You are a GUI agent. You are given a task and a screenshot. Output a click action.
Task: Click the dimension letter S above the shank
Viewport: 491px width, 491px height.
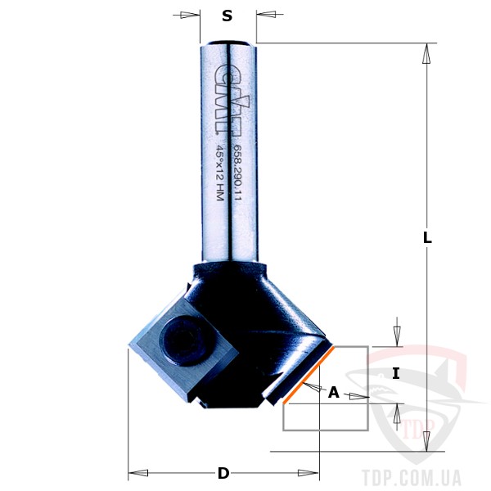227,16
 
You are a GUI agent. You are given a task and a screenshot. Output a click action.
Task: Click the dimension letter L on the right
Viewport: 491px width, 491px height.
427,237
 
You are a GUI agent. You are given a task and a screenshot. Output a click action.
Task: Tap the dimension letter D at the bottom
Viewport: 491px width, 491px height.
223,473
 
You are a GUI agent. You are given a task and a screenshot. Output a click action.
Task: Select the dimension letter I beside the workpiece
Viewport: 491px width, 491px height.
396,374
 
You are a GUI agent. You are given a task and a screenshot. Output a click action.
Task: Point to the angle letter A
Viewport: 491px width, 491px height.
334,392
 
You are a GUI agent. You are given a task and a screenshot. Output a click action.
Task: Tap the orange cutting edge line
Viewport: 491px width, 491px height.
309,375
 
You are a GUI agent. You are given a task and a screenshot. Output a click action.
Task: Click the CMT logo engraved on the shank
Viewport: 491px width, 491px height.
232,99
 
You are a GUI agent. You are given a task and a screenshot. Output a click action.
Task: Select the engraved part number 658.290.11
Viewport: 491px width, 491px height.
238,173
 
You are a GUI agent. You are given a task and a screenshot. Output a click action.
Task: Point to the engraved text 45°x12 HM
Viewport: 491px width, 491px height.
220,173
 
